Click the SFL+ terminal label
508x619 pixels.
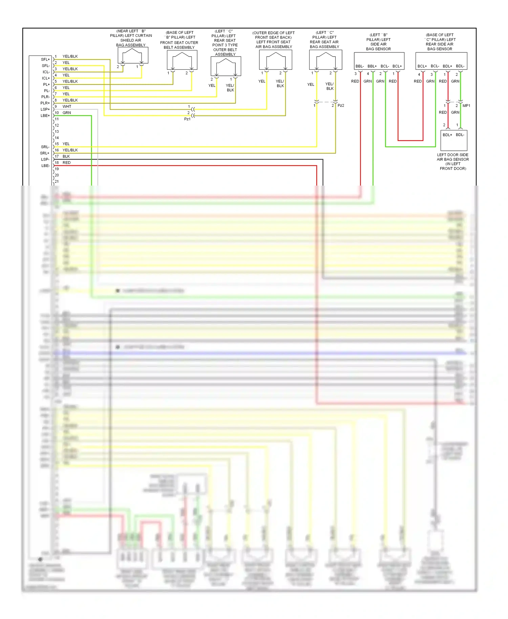click(45, 59)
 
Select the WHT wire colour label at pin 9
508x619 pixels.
click(67, 106)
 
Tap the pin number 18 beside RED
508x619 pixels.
click(57, 163)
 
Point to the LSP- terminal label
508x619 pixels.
click(45, 159)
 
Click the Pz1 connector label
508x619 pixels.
click(187, 119)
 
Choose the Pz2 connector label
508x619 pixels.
click(341, 106)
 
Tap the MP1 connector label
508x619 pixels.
click(466, 106)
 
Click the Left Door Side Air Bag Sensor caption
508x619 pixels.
click(453, 162)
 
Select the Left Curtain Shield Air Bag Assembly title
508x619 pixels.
click(131, 38)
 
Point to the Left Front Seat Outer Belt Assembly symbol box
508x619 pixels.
click(182, 60)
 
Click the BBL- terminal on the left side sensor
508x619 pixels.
click(359, 66)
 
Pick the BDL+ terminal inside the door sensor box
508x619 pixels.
click(447, 135)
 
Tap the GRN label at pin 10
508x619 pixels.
click(67, 113)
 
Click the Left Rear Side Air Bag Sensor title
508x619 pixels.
click(440, 42)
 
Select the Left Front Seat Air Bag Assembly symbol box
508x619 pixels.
click(275, 60)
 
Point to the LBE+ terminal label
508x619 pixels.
click(45, 116)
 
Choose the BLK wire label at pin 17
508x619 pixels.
click(66, 156)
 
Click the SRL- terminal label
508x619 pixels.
click(45, 147)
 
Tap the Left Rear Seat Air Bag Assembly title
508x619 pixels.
click(324, 40)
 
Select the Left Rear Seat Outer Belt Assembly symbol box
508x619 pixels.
click(226, 66)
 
